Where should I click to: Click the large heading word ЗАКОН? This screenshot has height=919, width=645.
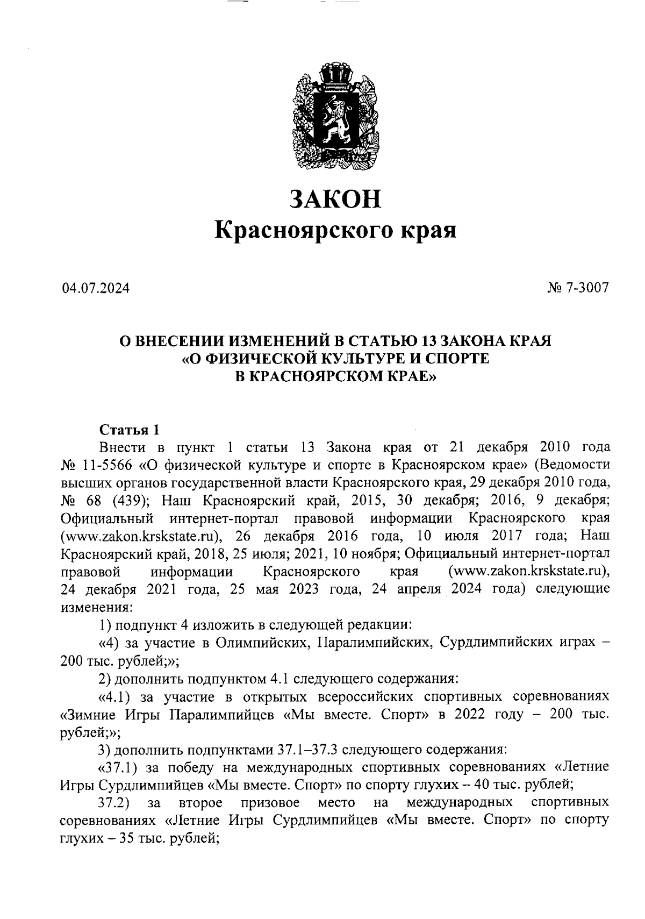click(335, 198)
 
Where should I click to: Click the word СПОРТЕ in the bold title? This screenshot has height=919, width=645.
click(457, 359)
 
